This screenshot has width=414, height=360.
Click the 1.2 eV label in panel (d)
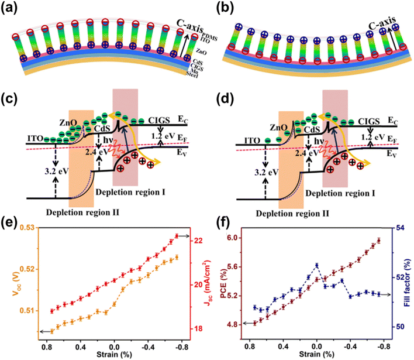(x=370, y=138)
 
